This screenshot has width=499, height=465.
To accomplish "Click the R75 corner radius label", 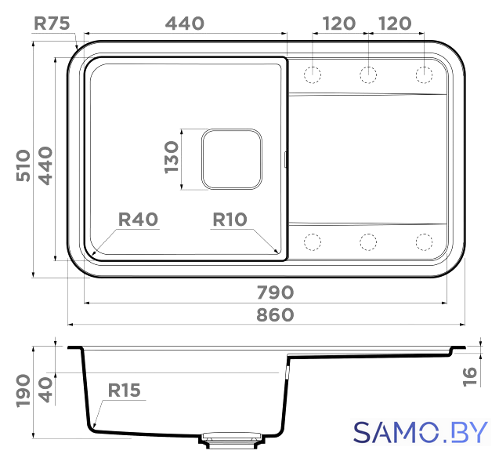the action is pyautogui.click(x=52, y=24).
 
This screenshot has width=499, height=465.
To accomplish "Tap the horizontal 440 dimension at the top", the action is pyautogui.click(x=185, y=24).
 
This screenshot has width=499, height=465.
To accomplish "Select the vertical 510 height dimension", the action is pyautogui.click(x=24, y=165).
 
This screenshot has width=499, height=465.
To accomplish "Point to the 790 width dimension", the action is pyautogui.click(x=275, y=292).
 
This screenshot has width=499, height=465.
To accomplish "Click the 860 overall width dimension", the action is pyautogui.click(x=275, y=315).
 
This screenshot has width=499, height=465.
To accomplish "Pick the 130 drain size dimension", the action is pyautogui.click(x=172, y=158).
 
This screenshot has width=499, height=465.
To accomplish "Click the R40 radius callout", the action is pyautogui.click(x=138, y=220).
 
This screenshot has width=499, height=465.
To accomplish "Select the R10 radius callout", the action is pyautogui.click(x=230, y=220).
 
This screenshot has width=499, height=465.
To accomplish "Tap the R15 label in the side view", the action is pyautogui.click(x=124, y=391).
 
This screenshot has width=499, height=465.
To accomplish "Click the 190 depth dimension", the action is pyautogui.click(x=24, y=391).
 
